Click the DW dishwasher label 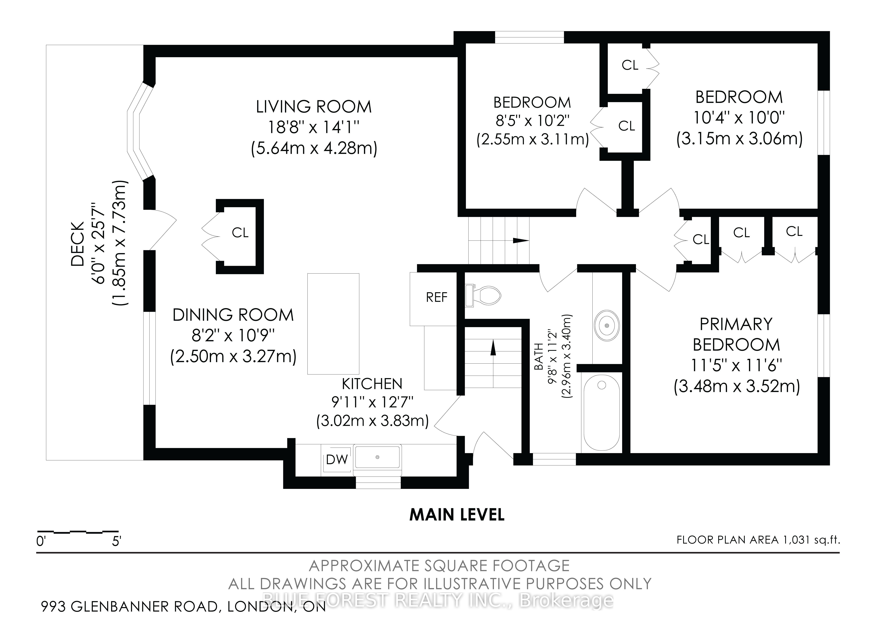coord(337,459)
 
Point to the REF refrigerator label coord(437,297)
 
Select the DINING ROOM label coord(233,315)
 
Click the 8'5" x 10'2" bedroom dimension coord(532,121)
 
